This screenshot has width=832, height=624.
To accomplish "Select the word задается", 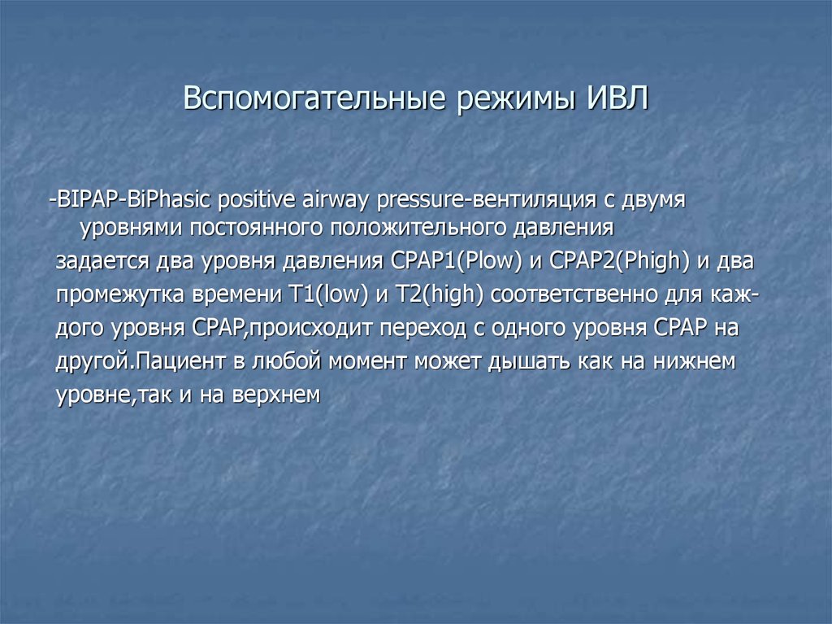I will pos(102,261).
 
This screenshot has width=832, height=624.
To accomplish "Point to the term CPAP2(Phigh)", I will pos(620,261).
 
